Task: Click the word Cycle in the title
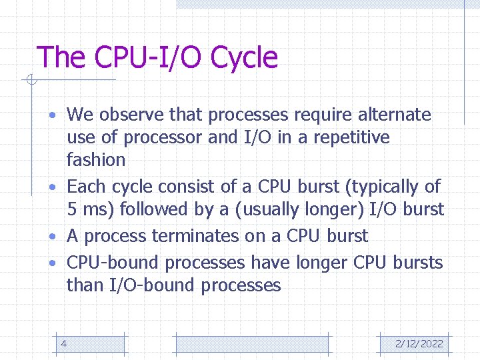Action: click(x=244, y=57)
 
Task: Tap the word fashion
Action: click(x=96, y=160)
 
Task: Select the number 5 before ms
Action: click(x=71, y=209)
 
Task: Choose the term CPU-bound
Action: click(x=113, y=263)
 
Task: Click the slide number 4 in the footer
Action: click(x=63, y=343)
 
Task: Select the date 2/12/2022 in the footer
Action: click(x=419, y=343)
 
